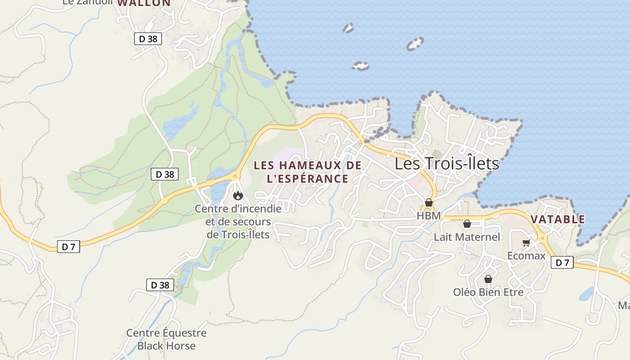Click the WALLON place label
click(144, 3)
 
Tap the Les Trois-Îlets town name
click(447, 163)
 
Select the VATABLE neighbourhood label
click(558, 220)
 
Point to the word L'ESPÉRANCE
click(307, 179)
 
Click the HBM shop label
click(428, 216)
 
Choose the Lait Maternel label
click(467, 237)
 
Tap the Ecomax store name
click(526, 256)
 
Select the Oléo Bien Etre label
click(488, 292)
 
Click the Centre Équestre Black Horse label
click(166, 339)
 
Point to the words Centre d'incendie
click(238, 209)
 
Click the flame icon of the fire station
click(238, 195)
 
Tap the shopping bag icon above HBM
click(429, 202)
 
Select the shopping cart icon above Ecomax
click(526, 243)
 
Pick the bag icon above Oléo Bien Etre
click(488, 279)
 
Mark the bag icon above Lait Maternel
click(467, 223)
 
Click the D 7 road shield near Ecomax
click(562, 263)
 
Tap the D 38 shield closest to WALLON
click(148, 39)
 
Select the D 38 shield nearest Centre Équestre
click(160, 285)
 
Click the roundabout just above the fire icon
click(235, 176)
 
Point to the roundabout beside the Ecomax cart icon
click(542, 238)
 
